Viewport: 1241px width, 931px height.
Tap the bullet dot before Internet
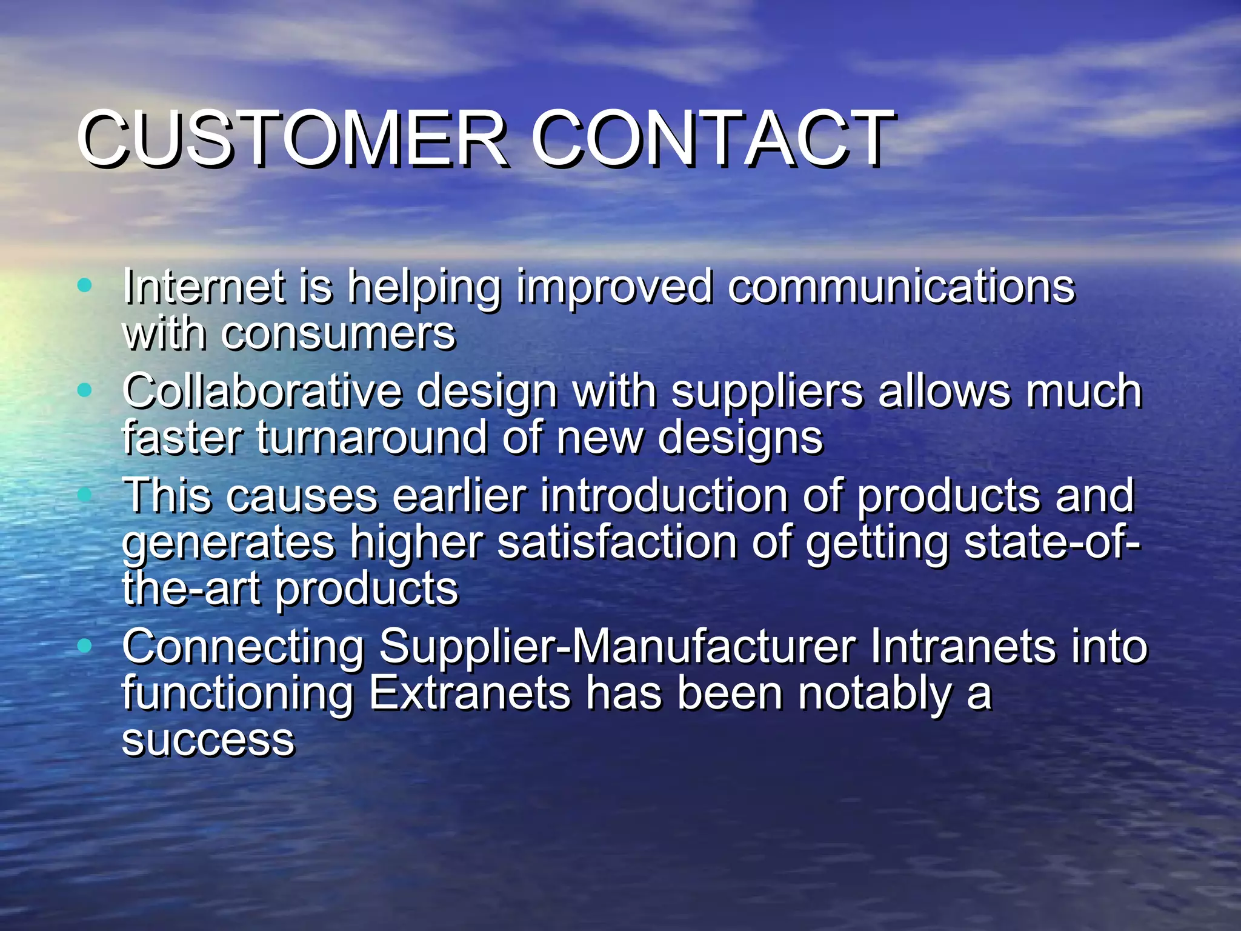click(x=85, y=284)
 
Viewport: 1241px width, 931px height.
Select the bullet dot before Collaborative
click(x=85, y=390)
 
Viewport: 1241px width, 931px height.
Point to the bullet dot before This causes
click(x=85, y=495)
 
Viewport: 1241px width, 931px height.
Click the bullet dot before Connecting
click(x=85, y=646)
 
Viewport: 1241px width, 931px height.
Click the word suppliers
click(x=767, y=393)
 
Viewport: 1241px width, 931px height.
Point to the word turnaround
click(x=371, y=438)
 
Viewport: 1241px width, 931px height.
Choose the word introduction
click(x=664, y=496)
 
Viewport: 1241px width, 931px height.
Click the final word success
click(x=208, y=740)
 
